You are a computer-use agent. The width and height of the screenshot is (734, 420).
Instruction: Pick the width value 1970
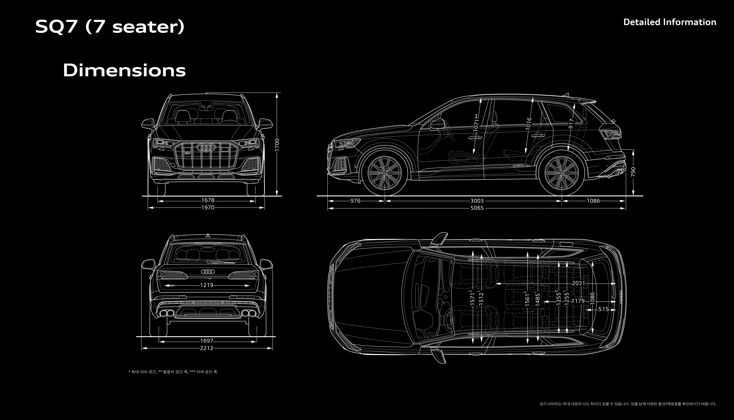208,207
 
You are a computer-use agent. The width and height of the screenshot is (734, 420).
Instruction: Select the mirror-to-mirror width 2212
206,348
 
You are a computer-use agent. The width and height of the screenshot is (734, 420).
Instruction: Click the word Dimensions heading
124,70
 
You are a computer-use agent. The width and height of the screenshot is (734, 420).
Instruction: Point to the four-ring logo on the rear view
208,271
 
